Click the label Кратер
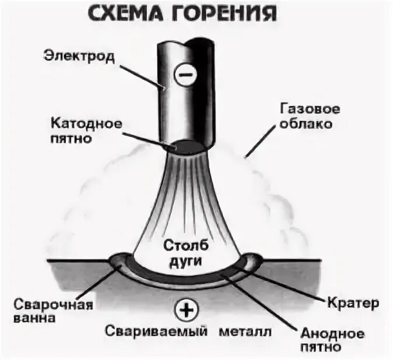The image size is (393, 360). [353, 303]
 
